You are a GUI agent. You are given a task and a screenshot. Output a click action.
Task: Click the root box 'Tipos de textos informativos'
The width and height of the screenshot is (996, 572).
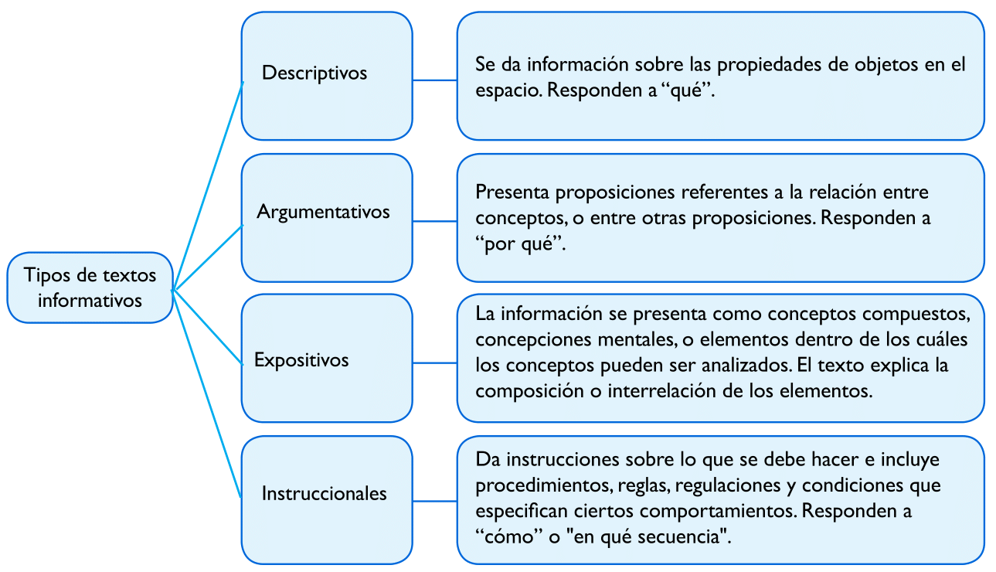pyautogui.click(x=90, y=288)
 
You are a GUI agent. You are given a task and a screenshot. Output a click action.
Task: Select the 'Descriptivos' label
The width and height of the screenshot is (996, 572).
pyautogui.click(x=314, y=73)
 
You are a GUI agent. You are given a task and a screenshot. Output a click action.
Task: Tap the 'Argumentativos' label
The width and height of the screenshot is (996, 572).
pyautogui.click(x=323, y=212)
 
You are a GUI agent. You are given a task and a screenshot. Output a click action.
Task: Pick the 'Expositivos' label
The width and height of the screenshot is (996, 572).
pyautogui.click(x=301, y=360)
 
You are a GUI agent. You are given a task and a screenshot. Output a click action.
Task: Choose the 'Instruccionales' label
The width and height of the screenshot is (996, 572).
pyautogui.click(x=325, y=493)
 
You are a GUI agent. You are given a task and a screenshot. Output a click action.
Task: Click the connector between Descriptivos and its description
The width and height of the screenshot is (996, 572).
pyautogui.click(x=435, y=80)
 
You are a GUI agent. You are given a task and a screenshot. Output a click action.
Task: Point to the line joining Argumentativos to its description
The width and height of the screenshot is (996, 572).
pyautogui.click(x=435, y=221)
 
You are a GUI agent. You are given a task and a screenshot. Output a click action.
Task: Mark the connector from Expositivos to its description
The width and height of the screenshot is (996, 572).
pyautogui.click(x=435, y=363)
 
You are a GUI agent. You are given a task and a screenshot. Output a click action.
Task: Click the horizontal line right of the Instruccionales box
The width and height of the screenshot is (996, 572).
pyautogui.click(x=435, y=502)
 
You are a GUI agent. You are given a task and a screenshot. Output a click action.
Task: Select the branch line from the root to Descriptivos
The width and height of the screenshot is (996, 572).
pyautogui.click(x=208, y=186)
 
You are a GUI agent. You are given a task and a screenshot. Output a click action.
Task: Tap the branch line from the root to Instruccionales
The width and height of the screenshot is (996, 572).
pyautogui.click(x=207, y=393)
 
